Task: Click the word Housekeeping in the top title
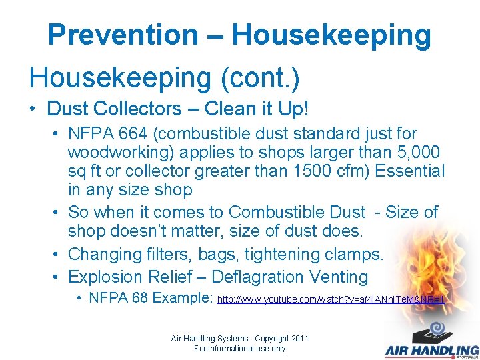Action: [331, 35]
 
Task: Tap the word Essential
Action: [409, 171]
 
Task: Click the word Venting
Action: [339, 277]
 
